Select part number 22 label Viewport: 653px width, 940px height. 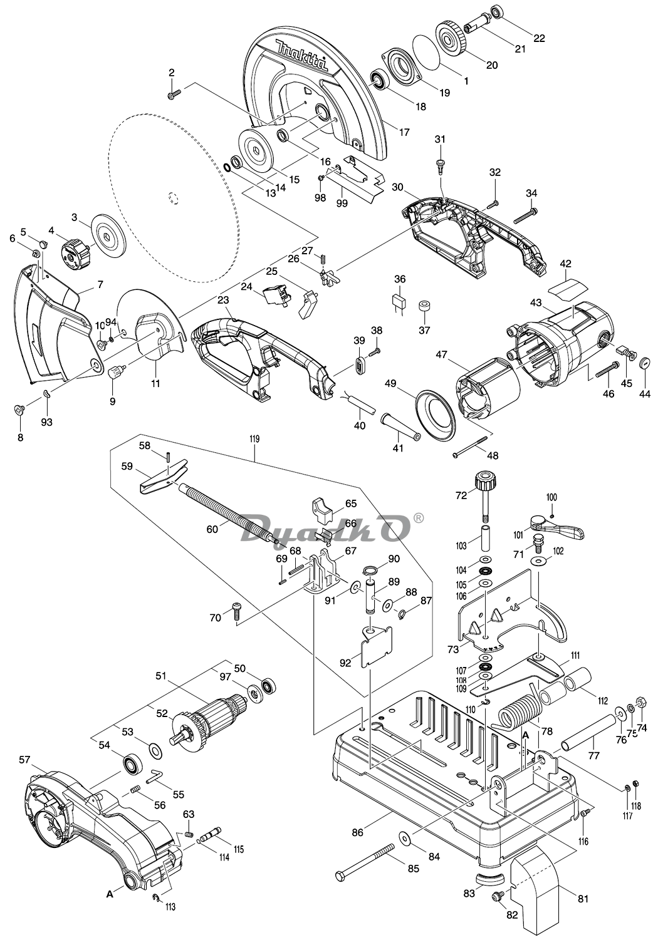pyautogui.click(x=539, y=38)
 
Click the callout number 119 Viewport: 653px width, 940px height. pyautogui.click(x=254, y=440)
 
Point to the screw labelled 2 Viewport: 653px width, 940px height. pyautogui.click(x=174, y=95)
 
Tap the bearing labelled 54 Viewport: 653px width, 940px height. pyautogui.click(x=133, y=765)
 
